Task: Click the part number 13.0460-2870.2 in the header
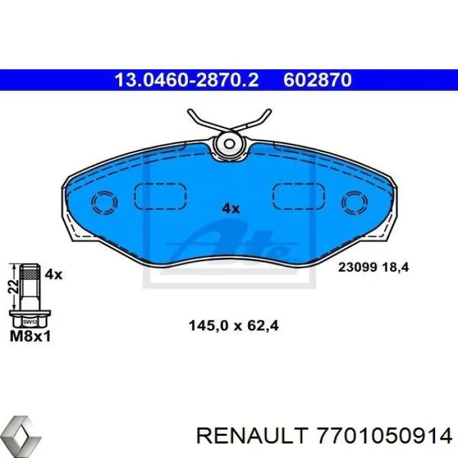(186, 80)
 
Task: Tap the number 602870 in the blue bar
(317, 80)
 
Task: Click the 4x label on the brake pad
(231, 209)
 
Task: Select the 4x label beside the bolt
(53, 275)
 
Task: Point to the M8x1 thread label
(31, 338)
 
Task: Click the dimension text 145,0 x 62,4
(233, 325)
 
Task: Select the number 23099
(357, 267)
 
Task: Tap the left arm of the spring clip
(200, 120)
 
